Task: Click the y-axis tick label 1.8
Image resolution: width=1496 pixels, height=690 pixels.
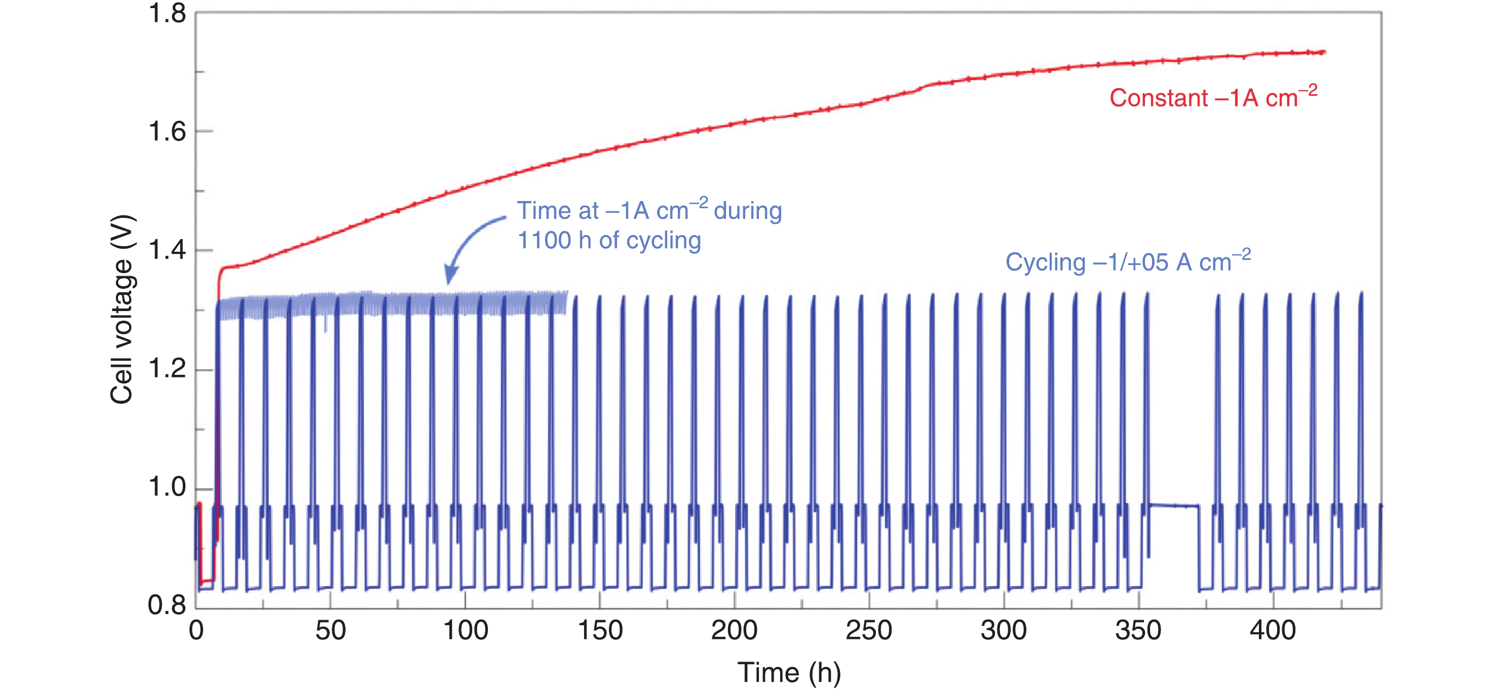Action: click(167, 14)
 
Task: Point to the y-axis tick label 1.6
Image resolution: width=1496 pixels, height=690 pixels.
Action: click(167, 132)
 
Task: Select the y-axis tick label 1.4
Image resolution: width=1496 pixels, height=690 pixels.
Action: click(167, 250)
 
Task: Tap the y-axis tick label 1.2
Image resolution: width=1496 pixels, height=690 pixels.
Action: click(167, 369)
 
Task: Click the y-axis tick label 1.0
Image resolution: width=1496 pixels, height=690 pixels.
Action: click(167, 487)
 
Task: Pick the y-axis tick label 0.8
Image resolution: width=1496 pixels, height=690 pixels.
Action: click(167, 606)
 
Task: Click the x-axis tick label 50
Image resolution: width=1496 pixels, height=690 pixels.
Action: click(330, 631)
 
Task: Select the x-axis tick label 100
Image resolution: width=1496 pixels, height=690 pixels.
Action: click(465, 631)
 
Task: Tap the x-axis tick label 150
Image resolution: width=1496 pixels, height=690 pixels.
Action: click(600, 631)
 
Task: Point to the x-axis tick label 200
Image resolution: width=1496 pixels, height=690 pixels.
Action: click(734, 631)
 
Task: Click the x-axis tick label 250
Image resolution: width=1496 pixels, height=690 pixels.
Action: click(869, 631)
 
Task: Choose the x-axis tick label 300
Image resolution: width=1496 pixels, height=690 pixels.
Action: click(1004, 631)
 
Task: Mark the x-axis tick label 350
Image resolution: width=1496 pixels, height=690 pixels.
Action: click(1138, 631)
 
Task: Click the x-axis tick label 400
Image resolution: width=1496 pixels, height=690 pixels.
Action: click(1273, 631)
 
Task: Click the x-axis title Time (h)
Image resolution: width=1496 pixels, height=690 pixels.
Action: click(789, 673)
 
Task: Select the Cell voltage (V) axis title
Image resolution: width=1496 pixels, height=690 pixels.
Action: click(123, 310)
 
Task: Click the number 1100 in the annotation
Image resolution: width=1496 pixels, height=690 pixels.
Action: click(544, 241)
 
